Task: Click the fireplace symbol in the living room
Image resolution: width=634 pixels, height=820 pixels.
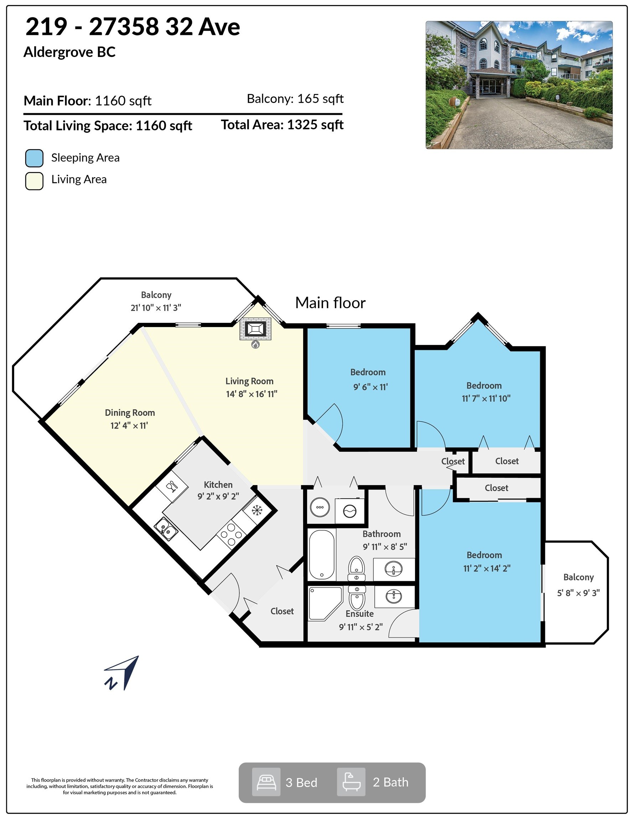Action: [x=255, y=329]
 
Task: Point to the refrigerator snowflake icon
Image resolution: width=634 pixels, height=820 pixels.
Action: [x=257, y=510]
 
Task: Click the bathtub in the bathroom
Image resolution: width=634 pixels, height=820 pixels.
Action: [x=322, y=554]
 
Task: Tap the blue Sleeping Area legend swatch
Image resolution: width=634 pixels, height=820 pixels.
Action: [x=34, y=158]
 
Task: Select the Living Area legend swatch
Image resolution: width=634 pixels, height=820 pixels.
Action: [x=34, y=181]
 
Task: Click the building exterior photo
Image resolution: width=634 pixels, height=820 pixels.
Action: [x=519, y=85]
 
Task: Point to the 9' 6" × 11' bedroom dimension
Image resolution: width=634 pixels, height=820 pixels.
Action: [x=370, y=387]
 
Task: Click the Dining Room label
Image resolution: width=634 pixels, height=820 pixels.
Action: [x=130, y=412]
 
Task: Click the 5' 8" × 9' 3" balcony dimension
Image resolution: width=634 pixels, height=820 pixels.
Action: [x=578, y=593]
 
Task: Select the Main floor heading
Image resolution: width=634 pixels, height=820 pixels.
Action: [x=330, y=303]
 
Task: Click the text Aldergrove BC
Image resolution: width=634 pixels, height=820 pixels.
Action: [x=69, y=52]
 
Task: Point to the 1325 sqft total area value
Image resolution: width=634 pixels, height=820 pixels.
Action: [x=315, y=125]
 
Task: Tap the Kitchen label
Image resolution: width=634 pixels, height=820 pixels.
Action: [x=218, y=485]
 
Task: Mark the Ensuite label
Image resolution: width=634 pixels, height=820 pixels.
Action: [x=360, y=614]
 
